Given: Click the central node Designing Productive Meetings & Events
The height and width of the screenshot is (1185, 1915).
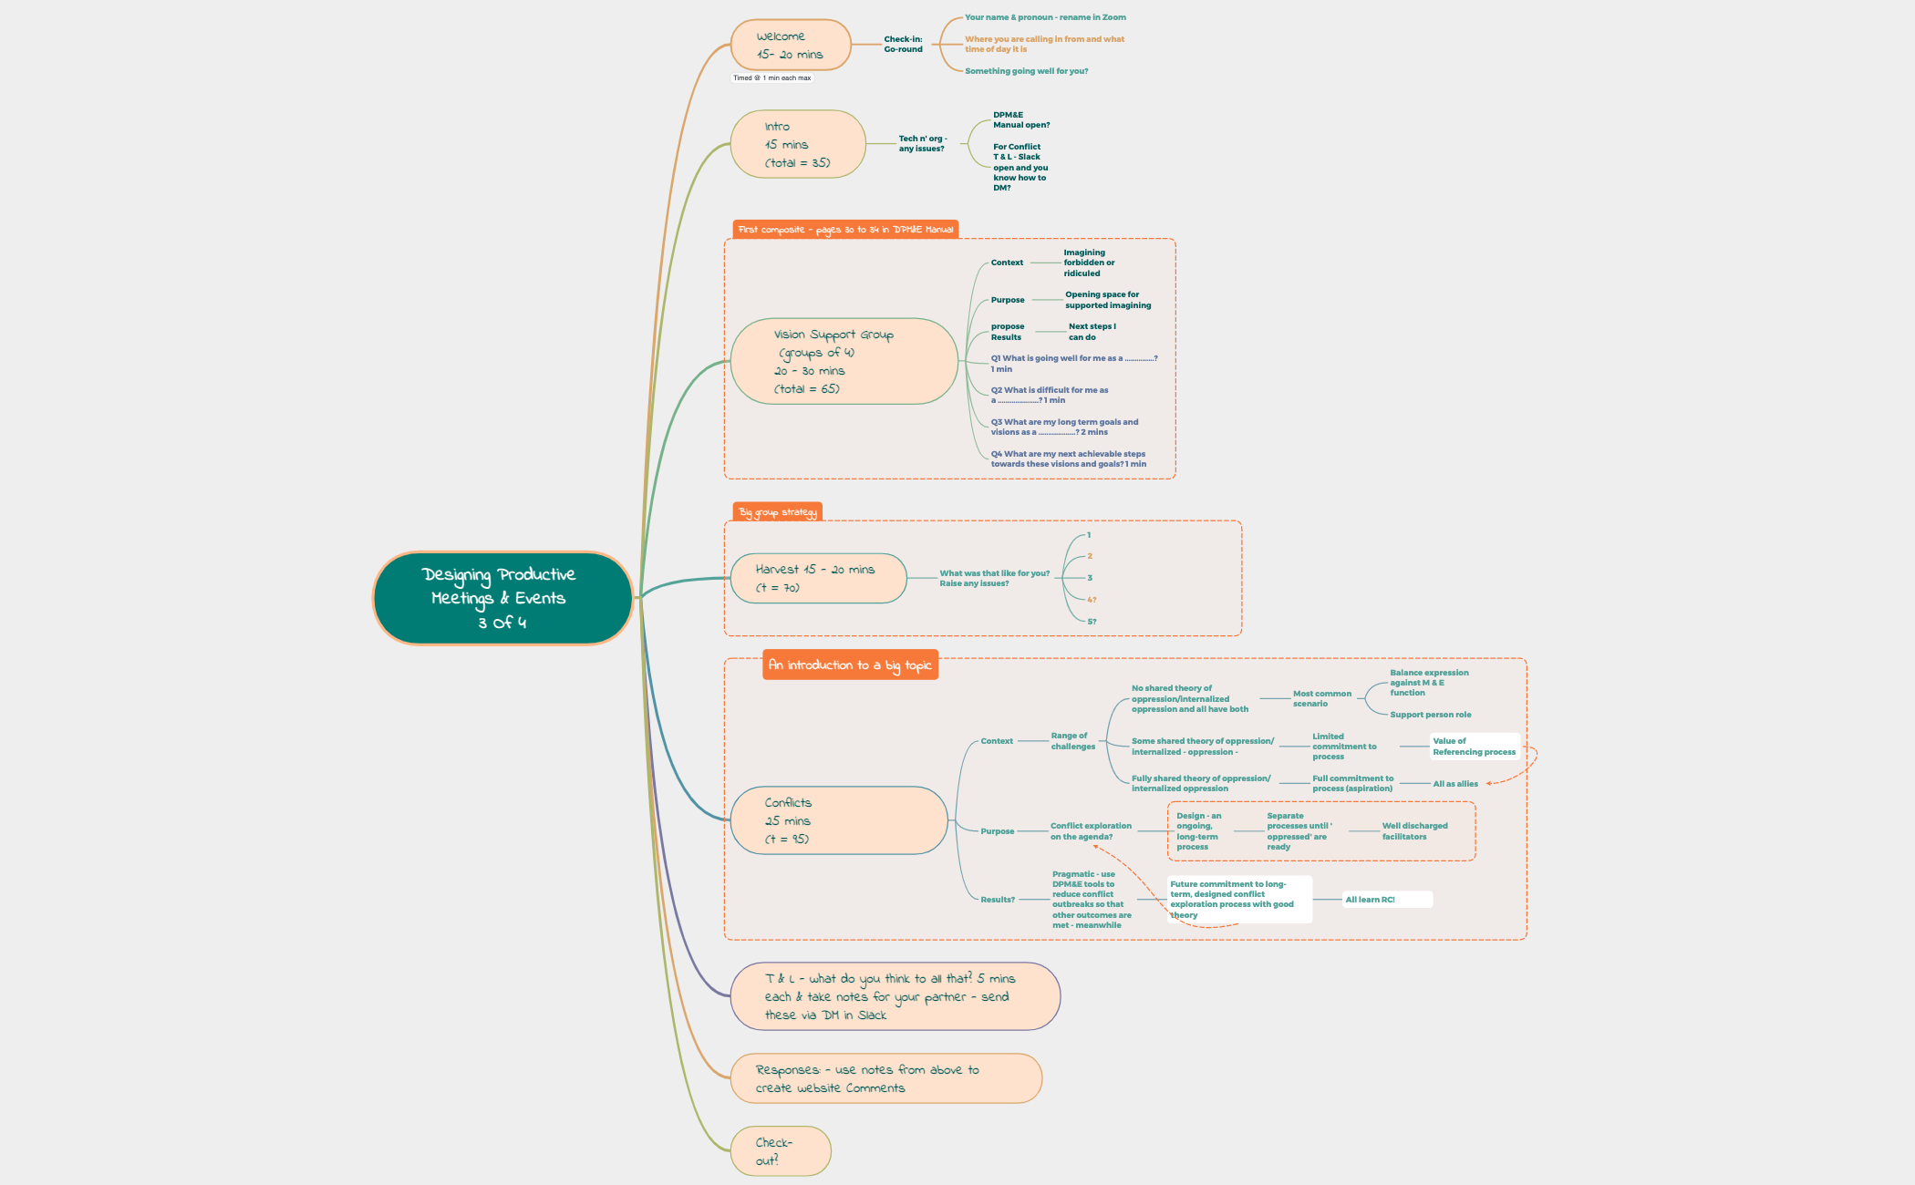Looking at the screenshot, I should click(502, 598).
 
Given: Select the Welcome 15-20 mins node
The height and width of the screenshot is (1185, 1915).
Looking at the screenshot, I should click(790, 45).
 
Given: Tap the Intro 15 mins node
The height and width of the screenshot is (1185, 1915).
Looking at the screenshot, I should click(797, 144).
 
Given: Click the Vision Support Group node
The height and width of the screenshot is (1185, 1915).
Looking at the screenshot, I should click(844, 361).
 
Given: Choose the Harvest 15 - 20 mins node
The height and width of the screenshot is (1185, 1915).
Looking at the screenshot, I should click(817, 578).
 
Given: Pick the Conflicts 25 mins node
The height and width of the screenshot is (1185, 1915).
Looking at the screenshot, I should click(838, 820).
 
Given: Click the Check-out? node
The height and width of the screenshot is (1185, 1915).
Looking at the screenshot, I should click(780, 1150).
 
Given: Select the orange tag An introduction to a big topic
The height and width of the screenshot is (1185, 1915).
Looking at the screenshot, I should click(850, 665).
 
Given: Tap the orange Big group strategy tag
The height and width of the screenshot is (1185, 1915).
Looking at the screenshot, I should click(777, 512).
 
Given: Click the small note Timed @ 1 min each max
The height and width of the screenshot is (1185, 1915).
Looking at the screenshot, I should click(771, 78).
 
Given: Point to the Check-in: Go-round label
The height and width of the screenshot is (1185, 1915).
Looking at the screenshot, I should click(903, 44).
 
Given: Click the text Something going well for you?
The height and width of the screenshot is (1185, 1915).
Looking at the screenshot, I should click(1026, 71).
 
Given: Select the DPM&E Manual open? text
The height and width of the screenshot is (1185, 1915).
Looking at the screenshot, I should click(1020, 120).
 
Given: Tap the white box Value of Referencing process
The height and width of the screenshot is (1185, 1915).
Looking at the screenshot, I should click(1474, 747).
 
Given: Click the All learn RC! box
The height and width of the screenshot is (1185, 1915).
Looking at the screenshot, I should click(1385, 900).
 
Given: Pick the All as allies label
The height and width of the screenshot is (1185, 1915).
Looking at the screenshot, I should click(1454, 784).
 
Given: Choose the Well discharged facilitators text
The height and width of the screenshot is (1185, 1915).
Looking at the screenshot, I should click(1413, 831).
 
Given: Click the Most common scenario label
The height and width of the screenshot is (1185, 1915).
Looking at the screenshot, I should click(1321, 698).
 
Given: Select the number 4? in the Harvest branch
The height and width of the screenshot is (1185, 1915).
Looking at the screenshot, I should click(1092, 600).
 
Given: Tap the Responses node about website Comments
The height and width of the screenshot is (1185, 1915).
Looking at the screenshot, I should click(885, 1078).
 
